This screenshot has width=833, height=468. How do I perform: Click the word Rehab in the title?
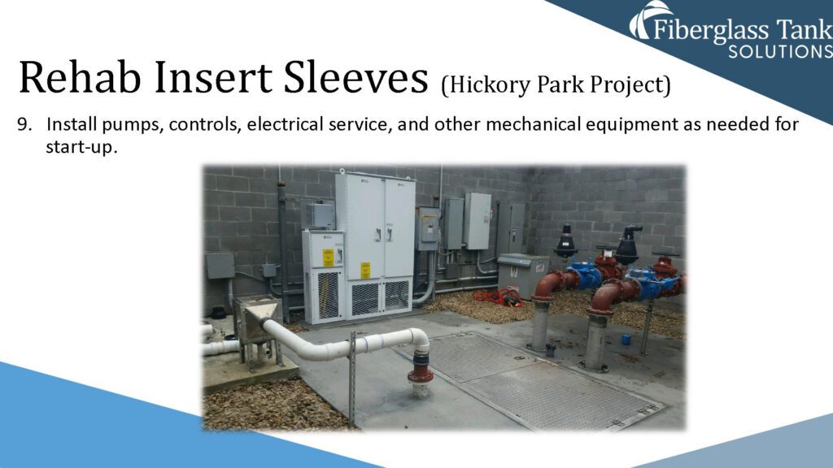point(80,77)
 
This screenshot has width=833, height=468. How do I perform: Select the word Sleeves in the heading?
point(355,77)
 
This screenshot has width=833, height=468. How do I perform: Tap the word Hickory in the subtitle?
point(486,84)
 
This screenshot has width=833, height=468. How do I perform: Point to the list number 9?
point(24,124)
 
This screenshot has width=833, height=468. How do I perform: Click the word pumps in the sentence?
point(133,125)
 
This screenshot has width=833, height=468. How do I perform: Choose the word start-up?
point(81,148)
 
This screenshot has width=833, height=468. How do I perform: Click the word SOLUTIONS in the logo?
point(780,52)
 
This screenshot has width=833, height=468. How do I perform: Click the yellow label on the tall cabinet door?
point(365,270)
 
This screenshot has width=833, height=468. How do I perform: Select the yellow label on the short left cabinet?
point(329,258)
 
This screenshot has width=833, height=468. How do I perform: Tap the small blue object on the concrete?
point(626,339)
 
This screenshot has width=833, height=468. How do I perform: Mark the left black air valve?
point(565,242)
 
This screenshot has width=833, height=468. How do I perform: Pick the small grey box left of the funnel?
point(220,266)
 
